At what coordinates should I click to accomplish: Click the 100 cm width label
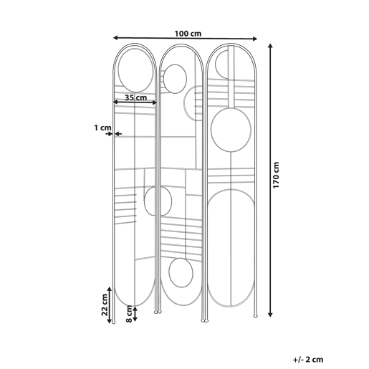tap(188, 34)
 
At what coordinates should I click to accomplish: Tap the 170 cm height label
tap(276, 175)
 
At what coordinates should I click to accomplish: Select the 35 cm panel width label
tap(135, 97)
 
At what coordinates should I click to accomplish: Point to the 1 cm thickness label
tap(102, 128)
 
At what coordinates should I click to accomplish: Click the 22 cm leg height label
tap(105, 305)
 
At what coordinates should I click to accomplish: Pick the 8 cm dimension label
tap(129, 314)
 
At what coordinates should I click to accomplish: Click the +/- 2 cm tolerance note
tap(308, 360)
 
